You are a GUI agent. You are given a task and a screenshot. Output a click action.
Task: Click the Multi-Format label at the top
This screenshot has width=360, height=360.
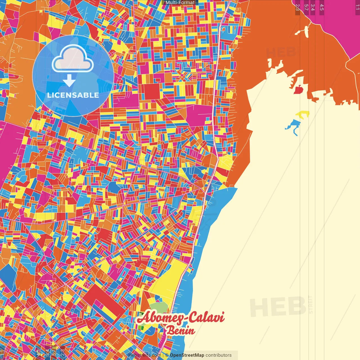pyautogui.click(x=180, y=3)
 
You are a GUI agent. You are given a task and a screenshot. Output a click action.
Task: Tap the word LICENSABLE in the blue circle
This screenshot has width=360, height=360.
pyautogui.click(x=73, y=95)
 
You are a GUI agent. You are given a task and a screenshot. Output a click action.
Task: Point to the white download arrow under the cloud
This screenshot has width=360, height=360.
pyautogui.click(x=69, y=80)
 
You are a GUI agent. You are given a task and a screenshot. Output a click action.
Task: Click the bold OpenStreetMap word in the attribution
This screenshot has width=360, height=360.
pyautogui.click(x=187, y=355)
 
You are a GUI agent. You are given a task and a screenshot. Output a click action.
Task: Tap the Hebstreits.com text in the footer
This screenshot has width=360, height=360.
pyautogui.click(x=145, y=355)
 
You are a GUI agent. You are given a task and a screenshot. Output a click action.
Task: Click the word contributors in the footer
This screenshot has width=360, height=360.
pyautogui.click(x=219, y=355)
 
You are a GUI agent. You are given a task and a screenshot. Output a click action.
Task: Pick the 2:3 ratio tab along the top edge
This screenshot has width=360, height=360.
pyautogui.click(x=298, y=7)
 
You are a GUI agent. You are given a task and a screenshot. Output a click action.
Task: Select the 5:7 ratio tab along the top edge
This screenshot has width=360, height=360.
pyautogui.click(x=306, y=7)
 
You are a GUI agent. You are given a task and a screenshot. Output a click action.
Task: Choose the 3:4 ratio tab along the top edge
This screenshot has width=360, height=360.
pyautogui.click(x=312, y=7)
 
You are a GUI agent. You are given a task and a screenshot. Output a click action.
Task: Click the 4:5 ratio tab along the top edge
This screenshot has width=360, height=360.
pyautogui.click(x=321, y=7)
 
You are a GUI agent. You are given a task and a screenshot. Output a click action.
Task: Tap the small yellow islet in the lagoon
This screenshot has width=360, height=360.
pyautogui.click(x=303, y=114)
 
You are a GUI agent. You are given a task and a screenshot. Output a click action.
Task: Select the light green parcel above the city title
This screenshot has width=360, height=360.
pyautogui.click(x=158, y=307)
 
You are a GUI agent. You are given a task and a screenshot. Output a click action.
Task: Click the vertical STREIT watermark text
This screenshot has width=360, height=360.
pyautogui.click(x=310, y=304)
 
